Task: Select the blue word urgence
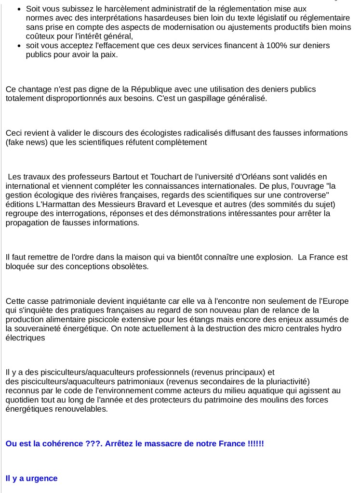[42, 478]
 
